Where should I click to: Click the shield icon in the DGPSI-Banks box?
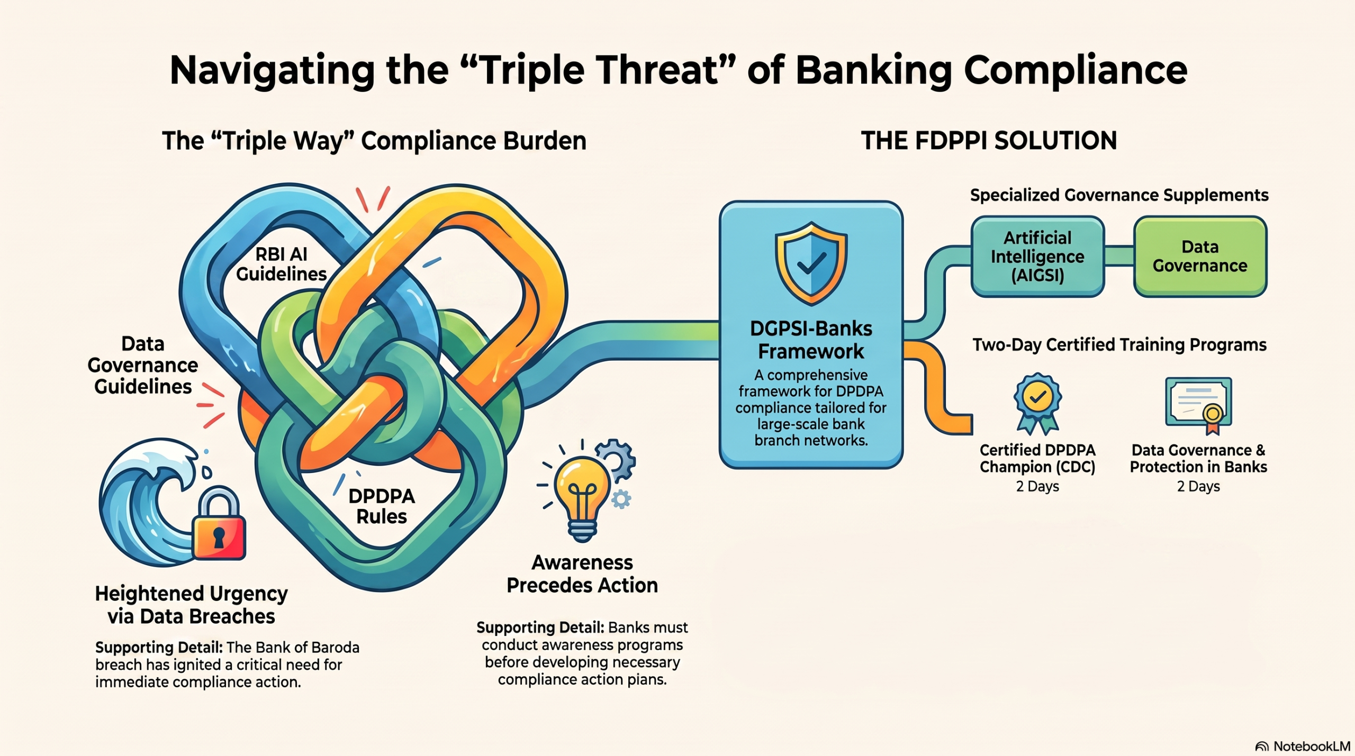[x=811, y=263]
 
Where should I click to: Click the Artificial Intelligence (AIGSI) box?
[x=1037, y=257]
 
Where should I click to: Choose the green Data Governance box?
[x=1200, y=257]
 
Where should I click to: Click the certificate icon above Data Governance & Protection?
[x=1199, y=405]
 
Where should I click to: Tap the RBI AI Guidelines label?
[x=281, y=264]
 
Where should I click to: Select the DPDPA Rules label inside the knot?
[x=382, y=506]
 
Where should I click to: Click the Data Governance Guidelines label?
[x=143, y=365]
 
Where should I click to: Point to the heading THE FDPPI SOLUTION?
[x=989, y=141]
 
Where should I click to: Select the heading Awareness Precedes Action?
[x=582, y=573]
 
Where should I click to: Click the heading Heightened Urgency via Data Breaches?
[x=191, y=605]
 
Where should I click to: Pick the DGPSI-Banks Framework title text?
[x=811, y=340]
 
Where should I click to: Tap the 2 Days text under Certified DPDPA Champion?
[x=1037, y=486]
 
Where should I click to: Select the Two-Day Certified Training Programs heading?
[x=1119, y=345]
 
